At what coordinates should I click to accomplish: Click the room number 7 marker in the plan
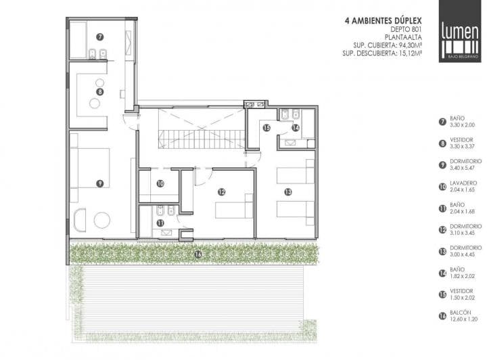tap(99, 37)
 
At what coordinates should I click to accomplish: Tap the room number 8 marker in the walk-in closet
tap(99, 92)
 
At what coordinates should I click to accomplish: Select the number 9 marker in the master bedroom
tap(99, 183)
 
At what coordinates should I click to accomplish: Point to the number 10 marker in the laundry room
tap(160, 183)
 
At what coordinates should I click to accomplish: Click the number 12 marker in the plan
tap(221, 192)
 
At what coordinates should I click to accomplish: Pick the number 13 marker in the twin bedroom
tap(288, 192)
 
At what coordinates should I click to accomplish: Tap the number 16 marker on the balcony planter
tap(198, 254)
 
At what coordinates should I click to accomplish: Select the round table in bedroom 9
tap(102, 221)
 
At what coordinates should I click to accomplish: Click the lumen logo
tap(460, 31)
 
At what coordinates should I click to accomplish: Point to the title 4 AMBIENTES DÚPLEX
tap(384, 21)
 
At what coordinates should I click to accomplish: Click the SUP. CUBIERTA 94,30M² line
tap(388, 45)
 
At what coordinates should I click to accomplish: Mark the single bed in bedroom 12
tap(234, 206)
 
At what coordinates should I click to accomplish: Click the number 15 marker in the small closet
tap(266, 128)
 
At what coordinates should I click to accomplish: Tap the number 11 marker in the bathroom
tap(160, 223)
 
